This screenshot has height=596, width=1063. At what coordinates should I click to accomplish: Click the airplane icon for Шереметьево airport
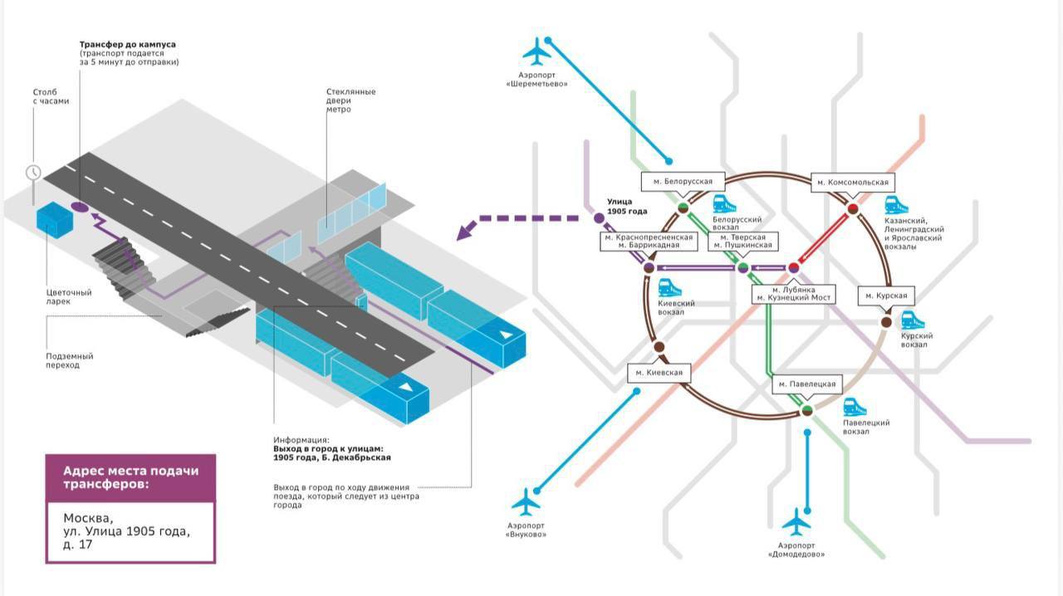pyautogui.click(x=536, y=51)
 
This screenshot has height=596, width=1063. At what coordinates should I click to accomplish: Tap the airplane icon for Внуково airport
pyautogui.click(x=526, y=502)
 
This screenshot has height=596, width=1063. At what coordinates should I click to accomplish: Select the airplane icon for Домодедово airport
pyautogui.click(x=796, y=522)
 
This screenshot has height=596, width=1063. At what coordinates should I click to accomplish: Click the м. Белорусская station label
pyautogui.click(x=683, y=182)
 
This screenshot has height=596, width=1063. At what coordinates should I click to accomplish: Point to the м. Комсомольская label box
pyautogui.click(x=853, y=183)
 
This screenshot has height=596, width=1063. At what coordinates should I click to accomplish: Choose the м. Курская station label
pyautogui.click(x=886, y=296)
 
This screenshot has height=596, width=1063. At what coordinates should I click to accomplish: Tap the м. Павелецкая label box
pyautogui.click(x=806, y=383)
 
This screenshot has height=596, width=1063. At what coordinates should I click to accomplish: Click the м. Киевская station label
pyautogui.click(x=659, y=373)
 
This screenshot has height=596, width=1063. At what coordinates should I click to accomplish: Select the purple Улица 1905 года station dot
pyautogui.click(x=599, y=218)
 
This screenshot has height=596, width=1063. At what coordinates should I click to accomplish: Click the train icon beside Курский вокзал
pyautogui.click(x=912, y=320)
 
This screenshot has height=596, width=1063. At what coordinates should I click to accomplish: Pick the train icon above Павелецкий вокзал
pyautogui.click(x=855, y=407)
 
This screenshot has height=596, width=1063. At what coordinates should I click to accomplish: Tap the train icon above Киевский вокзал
pyautogui.click(x=669, y=288)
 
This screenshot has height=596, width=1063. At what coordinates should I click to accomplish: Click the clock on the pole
pyautogui.click(x=33, y=172)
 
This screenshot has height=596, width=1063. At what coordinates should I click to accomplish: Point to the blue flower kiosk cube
pyautogui.click(x=55, y=219)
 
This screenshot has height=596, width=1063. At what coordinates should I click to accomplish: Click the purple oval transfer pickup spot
pyautogui.click(x=79, y=207)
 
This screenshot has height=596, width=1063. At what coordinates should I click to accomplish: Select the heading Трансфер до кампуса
pyautogui.click(x=128, y=45)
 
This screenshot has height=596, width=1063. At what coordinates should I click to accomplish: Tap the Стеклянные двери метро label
pyautogui.click(x=350, y=100)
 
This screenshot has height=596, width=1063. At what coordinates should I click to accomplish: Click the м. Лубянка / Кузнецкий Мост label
pyautogui.click(x=793, y=294)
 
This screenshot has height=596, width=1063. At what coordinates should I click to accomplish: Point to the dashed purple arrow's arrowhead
pyautogui.click(x=467, y=231)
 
